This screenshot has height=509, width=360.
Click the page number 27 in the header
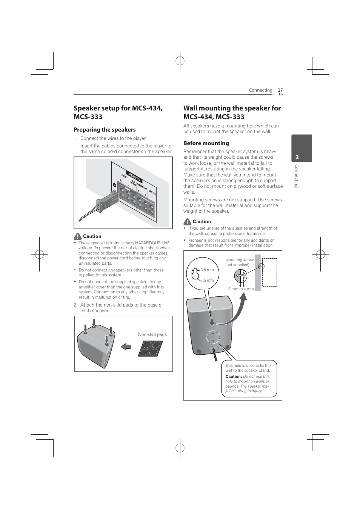click(x=280, y=90)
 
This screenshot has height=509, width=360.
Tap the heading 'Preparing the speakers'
click(x=105, y=130)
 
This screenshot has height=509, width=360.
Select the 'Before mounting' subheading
click(x=206, y=143)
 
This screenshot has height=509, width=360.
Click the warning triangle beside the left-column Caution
click(x=78, y=236)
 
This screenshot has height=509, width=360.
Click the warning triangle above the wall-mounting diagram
click(x=188, y=222)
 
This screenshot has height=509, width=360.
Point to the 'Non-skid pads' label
click(x=152, y=334)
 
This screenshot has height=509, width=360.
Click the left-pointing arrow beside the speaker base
click(x=126, y=346)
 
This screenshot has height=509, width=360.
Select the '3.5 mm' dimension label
click(x=207, y=270)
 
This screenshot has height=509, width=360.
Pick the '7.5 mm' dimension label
click(x=207, y=280)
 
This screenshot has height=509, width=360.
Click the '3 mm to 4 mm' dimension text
click(x=241, y=289)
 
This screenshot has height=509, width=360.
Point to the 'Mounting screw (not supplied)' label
click(x=239, y=262)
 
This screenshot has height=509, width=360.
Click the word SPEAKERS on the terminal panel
click(x=134, y=176)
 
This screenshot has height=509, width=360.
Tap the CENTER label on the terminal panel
click(x=152, y=192)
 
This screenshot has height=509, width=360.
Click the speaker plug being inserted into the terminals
click(x=108, y=201)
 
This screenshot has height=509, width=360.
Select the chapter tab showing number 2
click(x=301, y=148)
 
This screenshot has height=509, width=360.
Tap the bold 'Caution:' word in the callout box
click(x=234, y=376)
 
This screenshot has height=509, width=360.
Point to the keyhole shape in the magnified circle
click(x=195, y=274)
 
